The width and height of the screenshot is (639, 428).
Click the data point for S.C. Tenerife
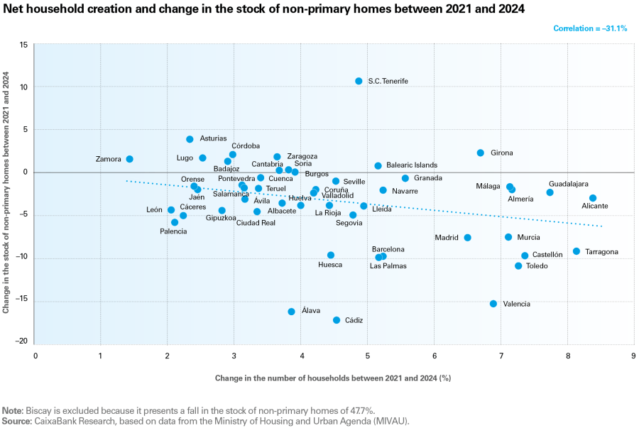click(x=359, y=82)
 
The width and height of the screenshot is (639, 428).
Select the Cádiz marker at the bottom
click(x=337, y=320)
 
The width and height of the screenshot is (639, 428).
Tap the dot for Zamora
click(x=129, y=159)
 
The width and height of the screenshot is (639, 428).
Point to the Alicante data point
click(x=593, y=198)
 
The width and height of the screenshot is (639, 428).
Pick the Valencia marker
click(x=493, y=304)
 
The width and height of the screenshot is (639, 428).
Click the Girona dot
click(x=481, y=153)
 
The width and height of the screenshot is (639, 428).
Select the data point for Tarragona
click(x=577, y=251)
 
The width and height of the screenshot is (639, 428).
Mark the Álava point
click(x=291, y=312)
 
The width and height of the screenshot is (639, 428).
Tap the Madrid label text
click(x=447, y=238)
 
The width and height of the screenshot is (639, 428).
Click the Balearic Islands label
click(x=412, y=165)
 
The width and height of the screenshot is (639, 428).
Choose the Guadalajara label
click(x=568, y=184)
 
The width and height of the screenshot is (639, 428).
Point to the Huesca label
click(x=330, y=265)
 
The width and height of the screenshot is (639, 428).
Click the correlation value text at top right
click(x=589, y=28)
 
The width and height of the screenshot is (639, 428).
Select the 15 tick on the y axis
click(x=23, y=45)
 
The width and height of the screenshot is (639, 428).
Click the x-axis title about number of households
click(x=333, y=378)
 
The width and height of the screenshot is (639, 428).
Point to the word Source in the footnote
click(x=16, y=421)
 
